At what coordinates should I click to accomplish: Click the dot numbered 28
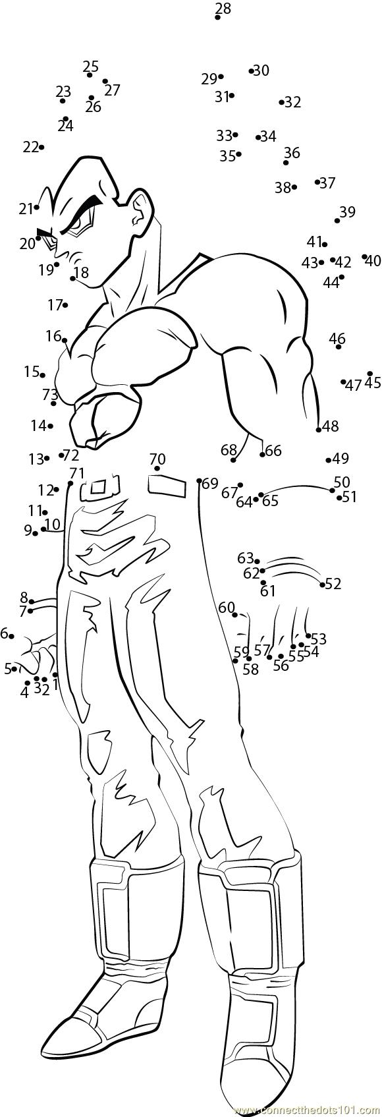(x=218, y=17)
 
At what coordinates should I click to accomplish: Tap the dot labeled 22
(x=41, y=147)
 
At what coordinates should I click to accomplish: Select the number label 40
(x=373, y=260)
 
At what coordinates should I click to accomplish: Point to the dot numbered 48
(x=319, y=430)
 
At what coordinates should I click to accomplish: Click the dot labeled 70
(x=157, y=469)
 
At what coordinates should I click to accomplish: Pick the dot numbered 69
(x=199, y=481)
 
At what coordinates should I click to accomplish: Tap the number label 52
(x=333, y=583)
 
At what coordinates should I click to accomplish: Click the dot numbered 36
(x=286, y=163)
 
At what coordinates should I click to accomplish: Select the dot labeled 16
(x=65, y=340)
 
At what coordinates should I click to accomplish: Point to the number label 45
(x=373, y=383)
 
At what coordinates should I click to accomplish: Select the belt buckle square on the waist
(x=99, y=486)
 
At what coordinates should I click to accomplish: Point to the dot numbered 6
(x=11, y=637)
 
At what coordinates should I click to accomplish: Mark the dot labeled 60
(x=235, y=615)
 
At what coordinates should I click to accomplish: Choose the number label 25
(x=91, y=67)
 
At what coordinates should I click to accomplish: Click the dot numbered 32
(x=281, y=103)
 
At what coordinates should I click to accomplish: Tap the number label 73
(x=50, y=395)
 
